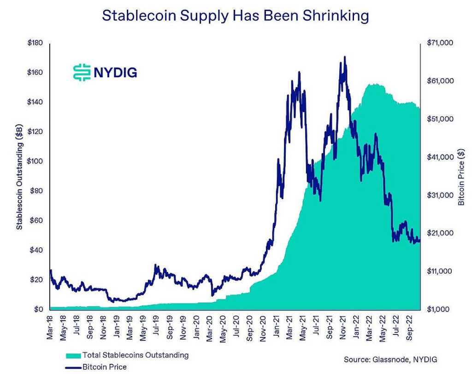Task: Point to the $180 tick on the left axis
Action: click(x=35, y=43)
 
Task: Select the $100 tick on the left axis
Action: click(x=35, y=161)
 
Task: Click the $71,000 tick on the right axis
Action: click(x=442, y=43)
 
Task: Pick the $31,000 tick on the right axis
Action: click(x=442, y=196)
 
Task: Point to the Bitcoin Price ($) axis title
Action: click(x=460, y=176)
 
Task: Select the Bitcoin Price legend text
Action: click(x=105, y=367)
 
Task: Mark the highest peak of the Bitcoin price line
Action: click(x=345, y=57)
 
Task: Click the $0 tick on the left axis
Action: click(x=38, y=309)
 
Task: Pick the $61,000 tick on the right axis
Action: click(x=442, y=81)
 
